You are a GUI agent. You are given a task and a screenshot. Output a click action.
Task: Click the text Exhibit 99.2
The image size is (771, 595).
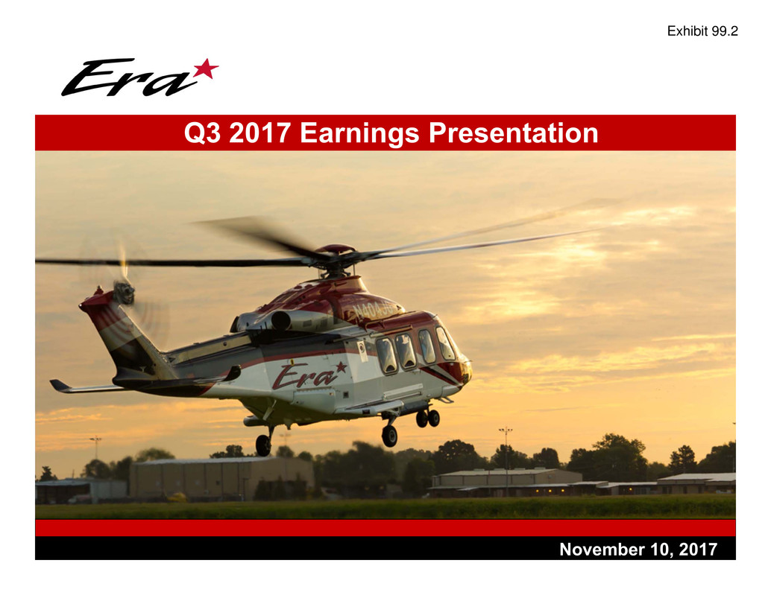[x=702, y=31]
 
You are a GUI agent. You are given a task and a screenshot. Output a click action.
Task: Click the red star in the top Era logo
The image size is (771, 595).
[x=207, y=69]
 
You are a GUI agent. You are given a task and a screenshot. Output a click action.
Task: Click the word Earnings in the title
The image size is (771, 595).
[x=359, y=133]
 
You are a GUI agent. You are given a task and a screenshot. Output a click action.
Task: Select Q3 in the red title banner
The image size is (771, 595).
[x=202, y=133]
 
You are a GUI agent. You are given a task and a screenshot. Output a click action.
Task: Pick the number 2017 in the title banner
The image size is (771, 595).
[x=259, y=133]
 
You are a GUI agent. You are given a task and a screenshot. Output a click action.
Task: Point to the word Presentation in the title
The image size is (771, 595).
[x=513, y=133]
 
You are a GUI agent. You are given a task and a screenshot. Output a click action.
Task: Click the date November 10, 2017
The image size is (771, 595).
[x=638, y=550]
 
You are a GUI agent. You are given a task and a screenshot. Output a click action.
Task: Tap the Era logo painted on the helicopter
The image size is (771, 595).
[x=309, y=375]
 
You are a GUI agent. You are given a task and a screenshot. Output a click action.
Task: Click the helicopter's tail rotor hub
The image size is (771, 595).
[x=124, y=293]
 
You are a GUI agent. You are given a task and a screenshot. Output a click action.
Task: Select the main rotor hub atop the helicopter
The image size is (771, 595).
[x=336, y=257]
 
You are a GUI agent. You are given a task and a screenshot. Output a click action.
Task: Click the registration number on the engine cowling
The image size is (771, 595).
[x=374, y=309]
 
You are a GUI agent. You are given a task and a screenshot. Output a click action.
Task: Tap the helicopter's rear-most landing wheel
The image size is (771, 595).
[x=263, y=445]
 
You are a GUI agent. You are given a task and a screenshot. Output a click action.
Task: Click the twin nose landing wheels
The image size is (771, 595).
[x=428, y=419]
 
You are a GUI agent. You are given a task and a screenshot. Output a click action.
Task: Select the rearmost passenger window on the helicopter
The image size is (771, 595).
[x=386, y=355]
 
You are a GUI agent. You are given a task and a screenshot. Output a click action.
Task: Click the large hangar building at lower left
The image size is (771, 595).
[x=221, y=478]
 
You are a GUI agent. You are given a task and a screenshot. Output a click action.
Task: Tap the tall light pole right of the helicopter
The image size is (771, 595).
[x=506, y=462]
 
